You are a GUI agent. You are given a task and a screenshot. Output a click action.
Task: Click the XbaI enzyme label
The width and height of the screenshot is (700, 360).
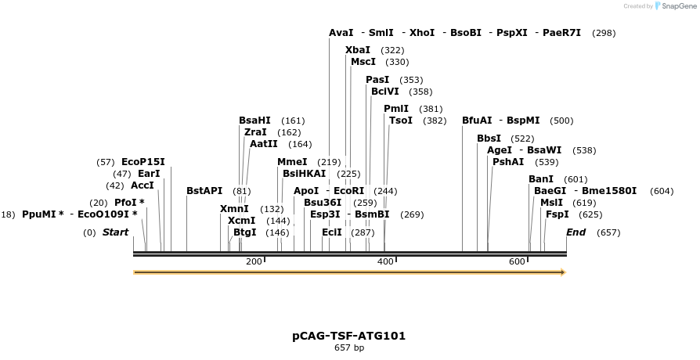(358, 49)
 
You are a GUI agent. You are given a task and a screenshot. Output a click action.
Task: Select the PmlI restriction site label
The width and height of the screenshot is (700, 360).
(396, 109)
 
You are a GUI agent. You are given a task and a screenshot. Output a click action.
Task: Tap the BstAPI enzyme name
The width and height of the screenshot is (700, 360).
(204, 190)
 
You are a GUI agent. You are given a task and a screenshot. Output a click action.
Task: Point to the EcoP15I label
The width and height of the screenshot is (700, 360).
(143, 162)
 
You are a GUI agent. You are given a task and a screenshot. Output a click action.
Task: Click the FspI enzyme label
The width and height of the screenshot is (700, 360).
(557, 214)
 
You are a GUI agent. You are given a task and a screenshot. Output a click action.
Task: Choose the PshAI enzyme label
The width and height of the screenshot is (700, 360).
(508, 161)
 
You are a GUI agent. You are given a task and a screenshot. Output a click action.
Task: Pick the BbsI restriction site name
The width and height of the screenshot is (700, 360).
(489, 139)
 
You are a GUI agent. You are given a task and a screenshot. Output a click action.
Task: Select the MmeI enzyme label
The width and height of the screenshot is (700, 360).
(292, 162)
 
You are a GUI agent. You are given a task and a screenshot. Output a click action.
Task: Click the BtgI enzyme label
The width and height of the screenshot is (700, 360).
(244, 232)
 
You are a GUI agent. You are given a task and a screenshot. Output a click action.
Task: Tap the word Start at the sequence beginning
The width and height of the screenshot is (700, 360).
(115, 232)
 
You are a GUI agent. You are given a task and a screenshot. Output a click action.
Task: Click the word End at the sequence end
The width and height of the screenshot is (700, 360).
(576, 232)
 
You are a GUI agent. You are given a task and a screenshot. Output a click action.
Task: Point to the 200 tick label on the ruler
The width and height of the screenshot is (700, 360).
(254, 261)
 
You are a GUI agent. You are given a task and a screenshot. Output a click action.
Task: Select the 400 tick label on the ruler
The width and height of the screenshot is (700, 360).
(385, 261)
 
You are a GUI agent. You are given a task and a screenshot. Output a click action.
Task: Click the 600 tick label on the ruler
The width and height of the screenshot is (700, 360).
(517, 261)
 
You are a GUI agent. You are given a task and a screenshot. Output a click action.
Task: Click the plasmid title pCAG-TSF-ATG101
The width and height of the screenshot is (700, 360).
(349, 336)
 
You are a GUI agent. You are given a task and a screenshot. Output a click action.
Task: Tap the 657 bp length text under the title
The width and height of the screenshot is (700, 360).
(349, 347)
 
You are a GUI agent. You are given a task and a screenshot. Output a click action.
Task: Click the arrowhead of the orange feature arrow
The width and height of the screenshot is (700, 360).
(561, 272)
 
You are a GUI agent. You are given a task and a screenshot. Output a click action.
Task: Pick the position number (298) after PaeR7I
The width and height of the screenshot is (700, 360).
(604, 33)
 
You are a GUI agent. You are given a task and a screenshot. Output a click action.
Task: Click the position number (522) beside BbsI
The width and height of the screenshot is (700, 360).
(522, 139)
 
